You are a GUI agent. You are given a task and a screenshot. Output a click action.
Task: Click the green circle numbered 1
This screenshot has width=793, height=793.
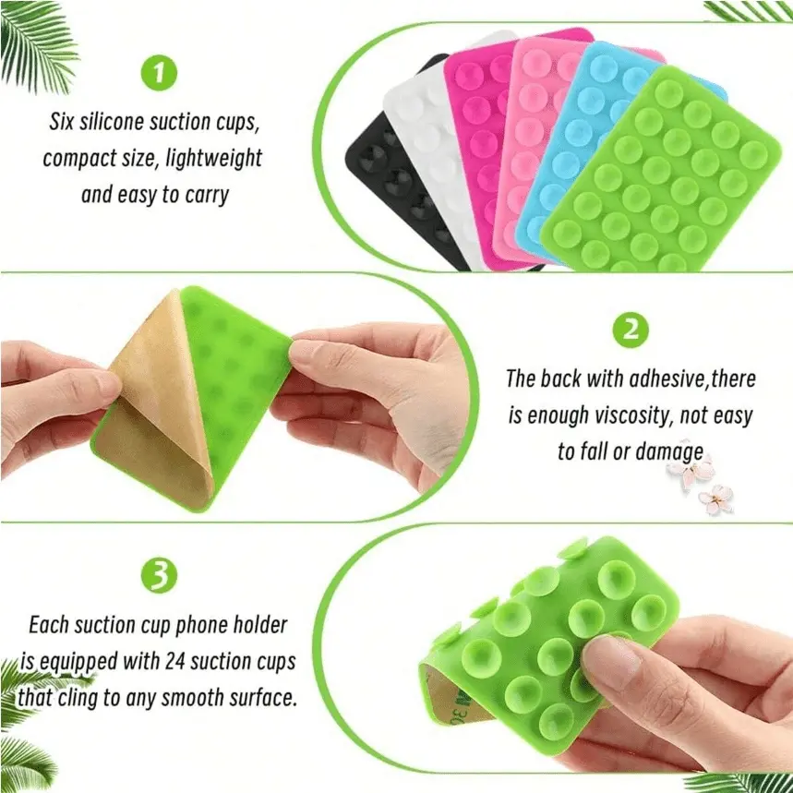coord(159,73)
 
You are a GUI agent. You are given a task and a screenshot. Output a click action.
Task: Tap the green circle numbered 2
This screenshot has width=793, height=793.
coord(631,330)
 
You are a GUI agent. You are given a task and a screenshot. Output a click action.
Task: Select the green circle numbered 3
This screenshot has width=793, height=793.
coord(159,575)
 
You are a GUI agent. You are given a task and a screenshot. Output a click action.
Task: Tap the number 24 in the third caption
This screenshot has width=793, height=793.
coord(175,662)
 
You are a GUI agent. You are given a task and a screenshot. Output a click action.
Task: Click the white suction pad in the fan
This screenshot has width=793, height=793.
coord(425,131)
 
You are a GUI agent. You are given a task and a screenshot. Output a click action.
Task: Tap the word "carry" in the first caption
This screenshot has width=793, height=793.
coord(207,196)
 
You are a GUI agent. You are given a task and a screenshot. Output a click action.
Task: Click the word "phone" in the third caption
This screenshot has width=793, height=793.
coord(201,626)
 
